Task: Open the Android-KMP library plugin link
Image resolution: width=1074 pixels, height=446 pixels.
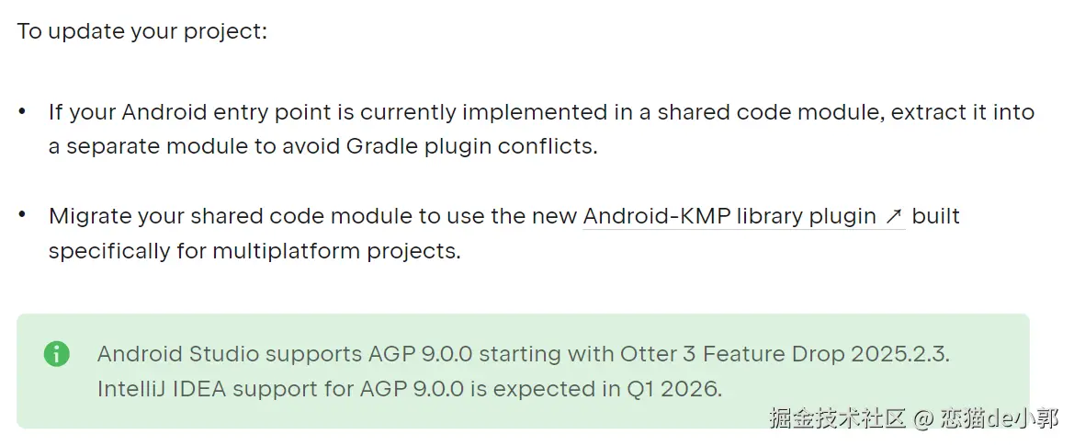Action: tap(729, 217)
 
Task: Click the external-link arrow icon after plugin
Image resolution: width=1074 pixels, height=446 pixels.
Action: tap(893, 217)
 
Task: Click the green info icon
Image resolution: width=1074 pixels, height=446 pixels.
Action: tap(57, 354)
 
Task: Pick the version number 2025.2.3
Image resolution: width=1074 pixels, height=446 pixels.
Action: tap(900, 354)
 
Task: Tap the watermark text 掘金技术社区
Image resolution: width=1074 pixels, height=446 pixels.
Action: tap(837, 417)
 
